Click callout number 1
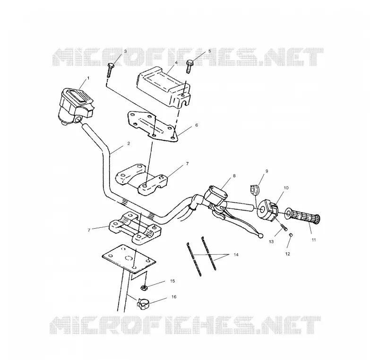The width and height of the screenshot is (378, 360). (88, 78)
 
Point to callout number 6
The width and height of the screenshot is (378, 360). (197, 125)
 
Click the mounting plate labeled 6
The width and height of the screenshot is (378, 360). (152, 126)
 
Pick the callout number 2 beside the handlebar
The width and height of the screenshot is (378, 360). (129, 143)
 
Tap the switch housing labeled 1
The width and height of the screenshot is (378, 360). (76, 106)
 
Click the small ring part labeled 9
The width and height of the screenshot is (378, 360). (254, 189)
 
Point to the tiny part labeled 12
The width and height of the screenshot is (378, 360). (291, 235)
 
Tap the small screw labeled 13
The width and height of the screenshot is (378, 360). (283, 226)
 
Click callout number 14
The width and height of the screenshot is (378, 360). (236, 255)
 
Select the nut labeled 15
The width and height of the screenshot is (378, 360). (145, 287)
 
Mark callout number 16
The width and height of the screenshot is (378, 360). (174, 297)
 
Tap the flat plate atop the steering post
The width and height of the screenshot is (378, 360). (129, 259)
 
